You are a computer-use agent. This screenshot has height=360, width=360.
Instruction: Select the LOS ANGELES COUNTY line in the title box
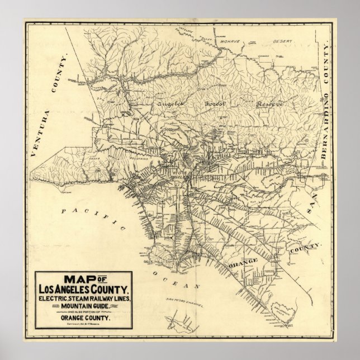point(84,290)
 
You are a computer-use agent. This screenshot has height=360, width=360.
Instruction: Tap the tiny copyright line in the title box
point(84,324)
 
